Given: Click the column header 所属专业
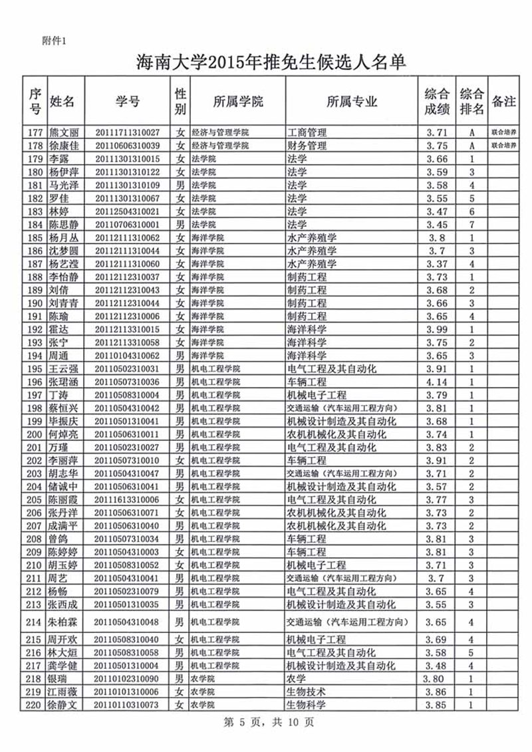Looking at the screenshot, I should [352, 102].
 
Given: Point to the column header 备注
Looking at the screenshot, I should [503, 102].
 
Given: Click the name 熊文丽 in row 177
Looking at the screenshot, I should [65, 132].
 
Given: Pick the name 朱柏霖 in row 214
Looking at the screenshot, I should [65, 622].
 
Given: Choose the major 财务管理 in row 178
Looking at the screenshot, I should [307, 146].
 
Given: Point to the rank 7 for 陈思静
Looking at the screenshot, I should [471, 224].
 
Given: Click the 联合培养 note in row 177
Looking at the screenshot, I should [503, 132].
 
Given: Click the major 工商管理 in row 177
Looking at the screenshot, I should [307, 132].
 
